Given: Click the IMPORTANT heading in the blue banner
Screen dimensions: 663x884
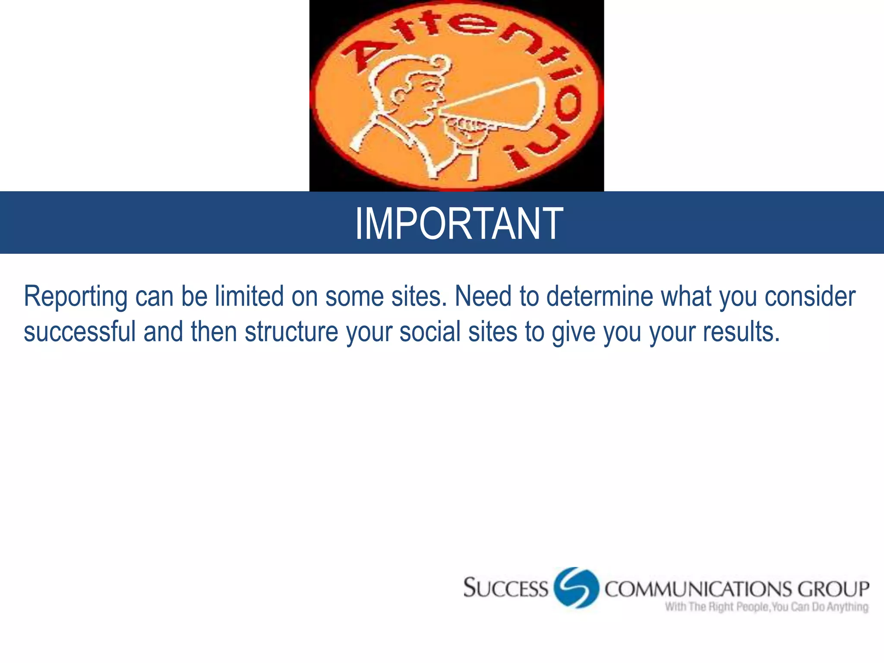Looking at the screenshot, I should tap(459, 223).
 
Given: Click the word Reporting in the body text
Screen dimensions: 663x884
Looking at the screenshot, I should tap(76, 297).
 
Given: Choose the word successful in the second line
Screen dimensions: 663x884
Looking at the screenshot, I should tap(79, 332).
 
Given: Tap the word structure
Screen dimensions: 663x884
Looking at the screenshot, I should tap(291, 332).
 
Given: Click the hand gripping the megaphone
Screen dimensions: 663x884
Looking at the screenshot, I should tap(466, 129).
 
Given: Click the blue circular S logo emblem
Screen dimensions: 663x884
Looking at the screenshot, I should tap(577, 587).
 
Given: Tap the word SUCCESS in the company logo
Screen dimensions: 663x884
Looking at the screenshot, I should tap(505, 588).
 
